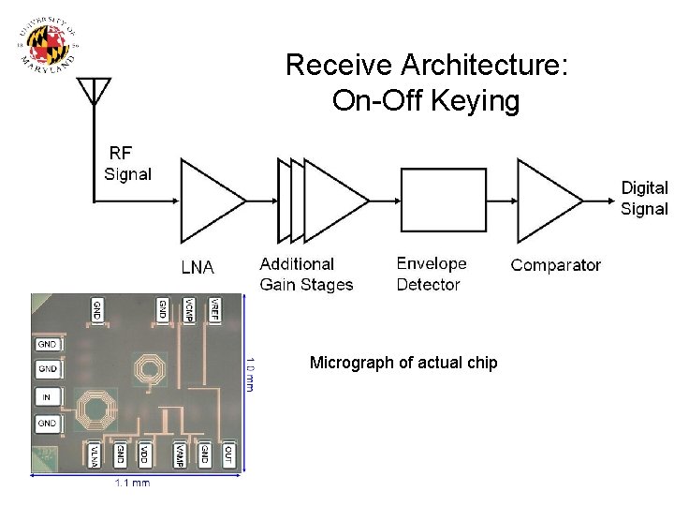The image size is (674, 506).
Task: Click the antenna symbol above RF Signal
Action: click(x=94, y=90)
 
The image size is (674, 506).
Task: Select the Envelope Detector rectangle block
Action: click(x=443, y=200)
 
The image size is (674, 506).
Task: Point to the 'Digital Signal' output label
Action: click(x=644, y=198)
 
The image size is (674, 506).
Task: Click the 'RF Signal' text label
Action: click(x=128, y=163)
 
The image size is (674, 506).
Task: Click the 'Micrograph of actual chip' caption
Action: click(x=403, y=363)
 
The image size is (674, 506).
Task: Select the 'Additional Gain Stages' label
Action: click(x=306, y=274)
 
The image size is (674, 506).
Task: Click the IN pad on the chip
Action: click(x=47, y=397)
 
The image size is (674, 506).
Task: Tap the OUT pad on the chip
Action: click(x=228, y=454)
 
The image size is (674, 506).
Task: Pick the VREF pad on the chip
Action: click(x=214, y=310)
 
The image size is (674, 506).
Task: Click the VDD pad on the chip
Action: click(x=143, y=454)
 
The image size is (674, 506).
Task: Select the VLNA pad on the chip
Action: click(x=95, y=454)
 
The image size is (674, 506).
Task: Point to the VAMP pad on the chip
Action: click(x=178, y=454)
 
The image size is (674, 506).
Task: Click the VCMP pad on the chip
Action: click(x=189, y=310)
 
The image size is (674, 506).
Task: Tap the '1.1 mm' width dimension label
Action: click(x=132, y=483)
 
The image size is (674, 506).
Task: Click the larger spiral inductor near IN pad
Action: click(x=94, y=409)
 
